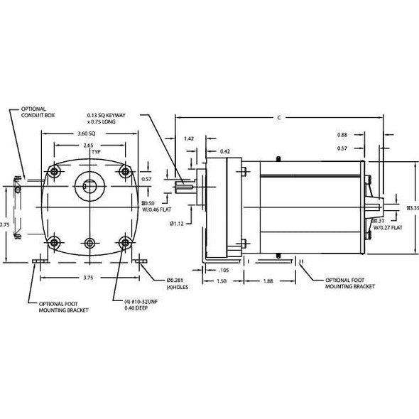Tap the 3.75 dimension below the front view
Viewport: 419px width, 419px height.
(88, 278)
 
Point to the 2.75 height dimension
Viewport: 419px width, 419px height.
(5, 224)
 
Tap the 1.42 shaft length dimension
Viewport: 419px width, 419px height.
(189, 139)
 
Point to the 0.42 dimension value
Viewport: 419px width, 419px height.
(224, 151)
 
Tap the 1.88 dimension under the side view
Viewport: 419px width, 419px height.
(268, 281)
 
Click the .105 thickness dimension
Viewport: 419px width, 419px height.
(224, 270)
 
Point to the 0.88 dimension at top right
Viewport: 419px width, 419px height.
(342, 135)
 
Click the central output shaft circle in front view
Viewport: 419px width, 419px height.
(89, 187)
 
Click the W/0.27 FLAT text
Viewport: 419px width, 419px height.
(387, 228)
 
